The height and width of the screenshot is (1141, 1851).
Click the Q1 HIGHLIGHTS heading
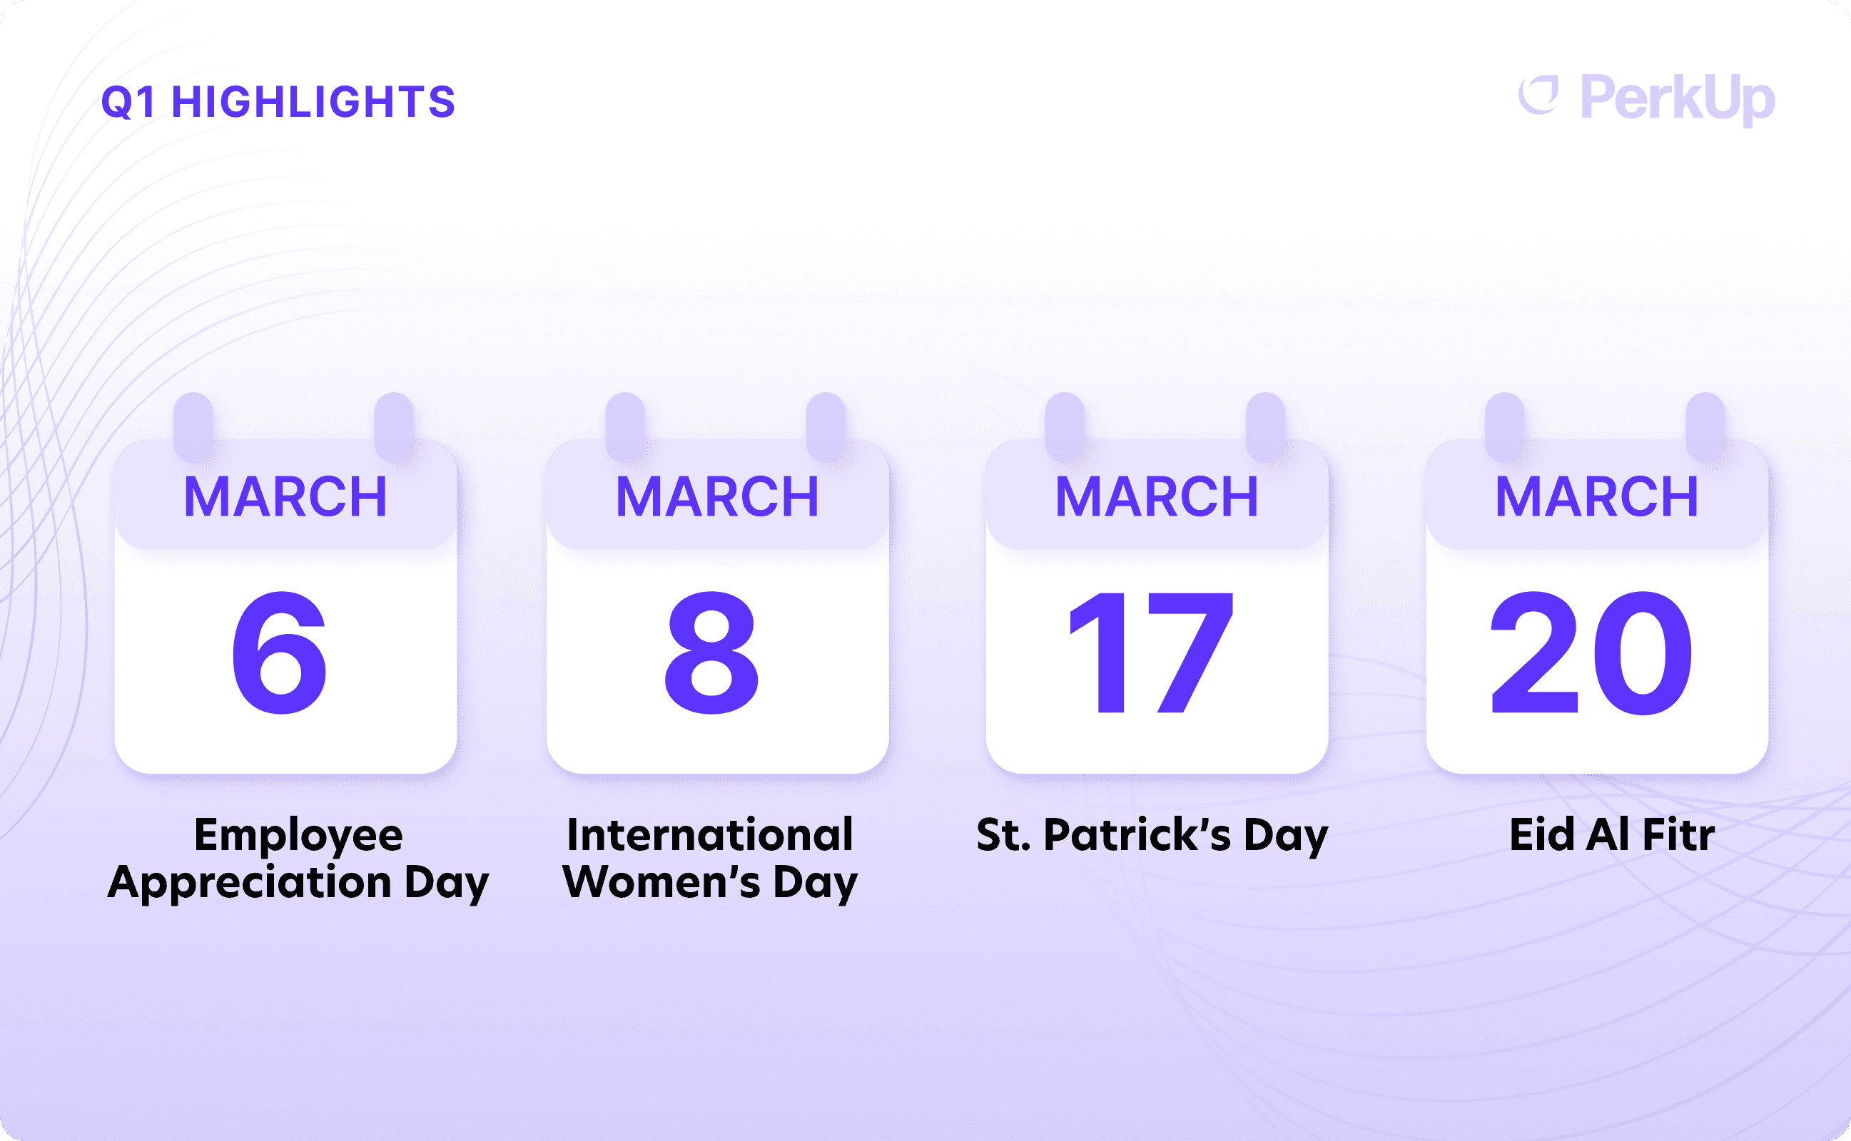click(278, 102)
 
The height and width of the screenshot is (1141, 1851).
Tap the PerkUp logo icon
click(1539, 96)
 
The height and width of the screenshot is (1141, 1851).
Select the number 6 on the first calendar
click(280, 653)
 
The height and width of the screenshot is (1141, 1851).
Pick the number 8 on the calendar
click(711, 653)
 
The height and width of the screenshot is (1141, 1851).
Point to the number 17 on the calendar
click(1152, 653)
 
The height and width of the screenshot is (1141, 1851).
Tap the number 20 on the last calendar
click(1591, 653)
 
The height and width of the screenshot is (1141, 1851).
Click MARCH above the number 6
click(285, 496)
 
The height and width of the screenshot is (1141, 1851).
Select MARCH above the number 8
click(717, 496)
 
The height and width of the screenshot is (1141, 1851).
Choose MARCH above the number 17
click(1157, 496)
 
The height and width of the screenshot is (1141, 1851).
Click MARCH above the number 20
click(1596, 496)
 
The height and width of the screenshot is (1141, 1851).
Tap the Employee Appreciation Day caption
click(298, 859)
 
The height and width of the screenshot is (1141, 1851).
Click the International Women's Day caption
click(710, 859)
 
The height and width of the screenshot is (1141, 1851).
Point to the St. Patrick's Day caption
click(1152, 836)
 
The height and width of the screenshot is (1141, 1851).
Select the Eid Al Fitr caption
click(1612, 834)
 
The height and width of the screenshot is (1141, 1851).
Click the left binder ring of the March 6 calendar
click(193, 427)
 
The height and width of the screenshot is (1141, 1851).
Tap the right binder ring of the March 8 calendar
click(826, 427)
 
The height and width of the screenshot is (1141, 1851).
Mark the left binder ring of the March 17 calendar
click(1065, 427)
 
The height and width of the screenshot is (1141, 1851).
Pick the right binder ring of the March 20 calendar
click(1705, 427)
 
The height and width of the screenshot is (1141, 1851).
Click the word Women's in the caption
click(661, 881)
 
